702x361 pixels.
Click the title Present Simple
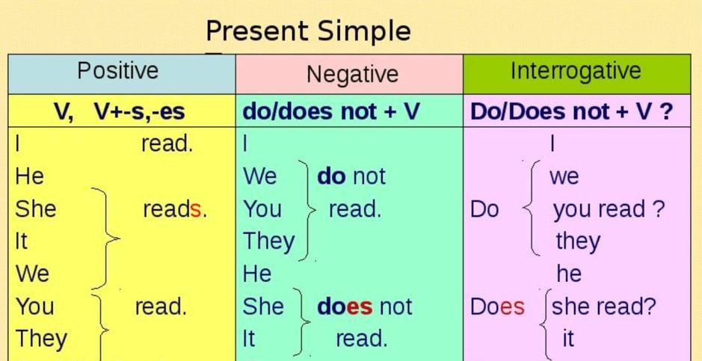coord(308,31)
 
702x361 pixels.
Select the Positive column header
coord(117,71)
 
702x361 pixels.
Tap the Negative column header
coord(352,74)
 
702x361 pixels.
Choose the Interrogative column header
coord(576,71)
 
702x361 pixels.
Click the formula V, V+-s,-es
coord(119,111)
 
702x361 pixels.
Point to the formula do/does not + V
coord(331,111)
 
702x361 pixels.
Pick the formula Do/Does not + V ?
coord(571,111)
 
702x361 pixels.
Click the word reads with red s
coord(175,209)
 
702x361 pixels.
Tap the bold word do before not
coord(331,176)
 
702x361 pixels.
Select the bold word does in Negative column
coord(345,306)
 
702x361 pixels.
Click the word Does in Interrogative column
coord(497,307)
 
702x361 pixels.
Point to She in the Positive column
coord(36,209)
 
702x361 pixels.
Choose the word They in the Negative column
coord(268,242)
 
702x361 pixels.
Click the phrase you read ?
coord(609,210)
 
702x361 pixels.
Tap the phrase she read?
coord(603,306)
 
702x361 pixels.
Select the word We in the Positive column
coord(32,274)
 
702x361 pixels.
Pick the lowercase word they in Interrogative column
coord(578,242)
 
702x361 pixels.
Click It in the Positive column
coord(21,241)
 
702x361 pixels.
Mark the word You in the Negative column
coord(262,209)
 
